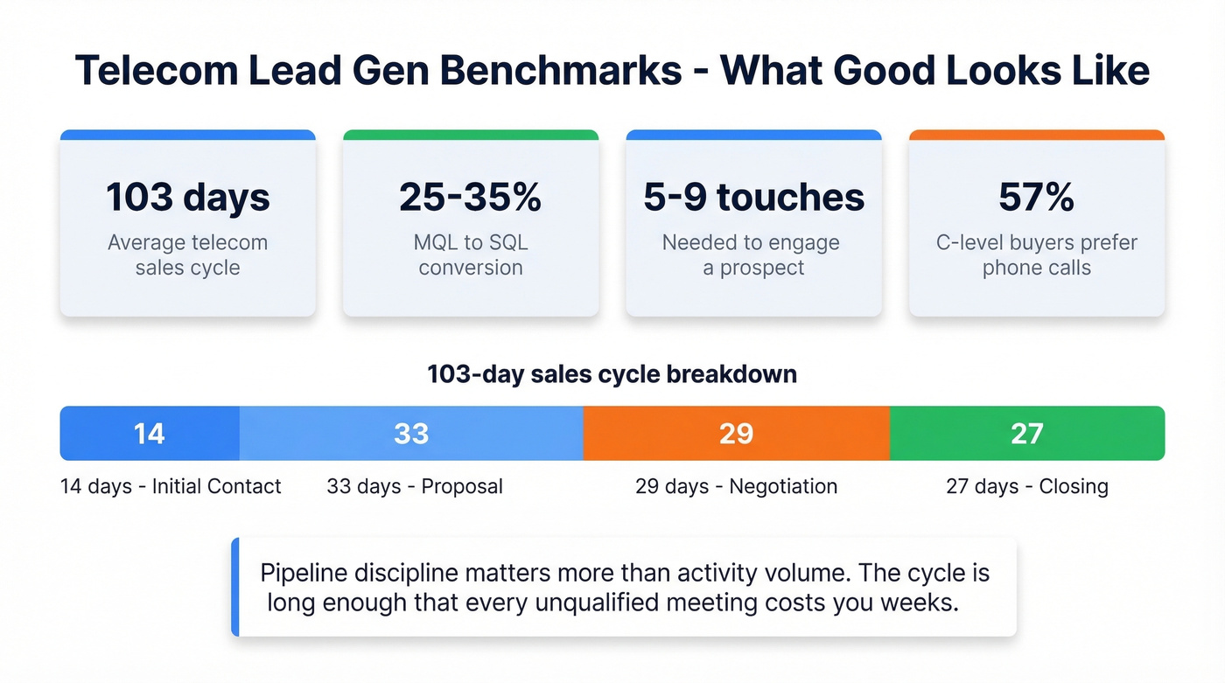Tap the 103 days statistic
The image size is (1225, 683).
[x=187, y=197]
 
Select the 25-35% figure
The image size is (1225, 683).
[x=470, y=197]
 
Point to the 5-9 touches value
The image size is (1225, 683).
[x=753, y=197]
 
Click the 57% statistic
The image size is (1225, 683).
[x=1036, y=197]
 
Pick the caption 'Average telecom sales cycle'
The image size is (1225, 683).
[x=187, y=254]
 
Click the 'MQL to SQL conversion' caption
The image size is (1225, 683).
[x=470, y=254]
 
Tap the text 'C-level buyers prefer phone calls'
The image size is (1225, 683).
[x=1036, y=254]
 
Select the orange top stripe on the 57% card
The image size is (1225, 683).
[x=1036, y=136]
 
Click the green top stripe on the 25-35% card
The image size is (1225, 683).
[x=470, y=136]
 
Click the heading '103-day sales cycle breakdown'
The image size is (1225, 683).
[x=612, y=374]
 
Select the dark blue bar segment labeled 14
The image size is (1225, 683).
[x=150, y=433]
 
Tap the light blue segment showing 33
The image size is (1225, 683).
[x=411, y=433]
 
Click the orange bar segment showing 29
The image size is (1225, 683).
[x=736, y=433]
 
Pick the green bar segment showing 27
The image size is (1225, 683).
[x=1026, y=433]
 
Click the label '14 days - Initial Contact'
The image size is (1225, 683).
[x=171, y=486]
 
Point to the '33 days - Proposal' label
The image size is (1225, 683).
[x=415, y=486]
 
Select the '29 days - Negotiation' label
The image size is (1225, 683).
[x=736, y=486]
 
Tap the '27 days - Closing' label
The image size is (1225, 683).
[x=1026, y=486]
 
